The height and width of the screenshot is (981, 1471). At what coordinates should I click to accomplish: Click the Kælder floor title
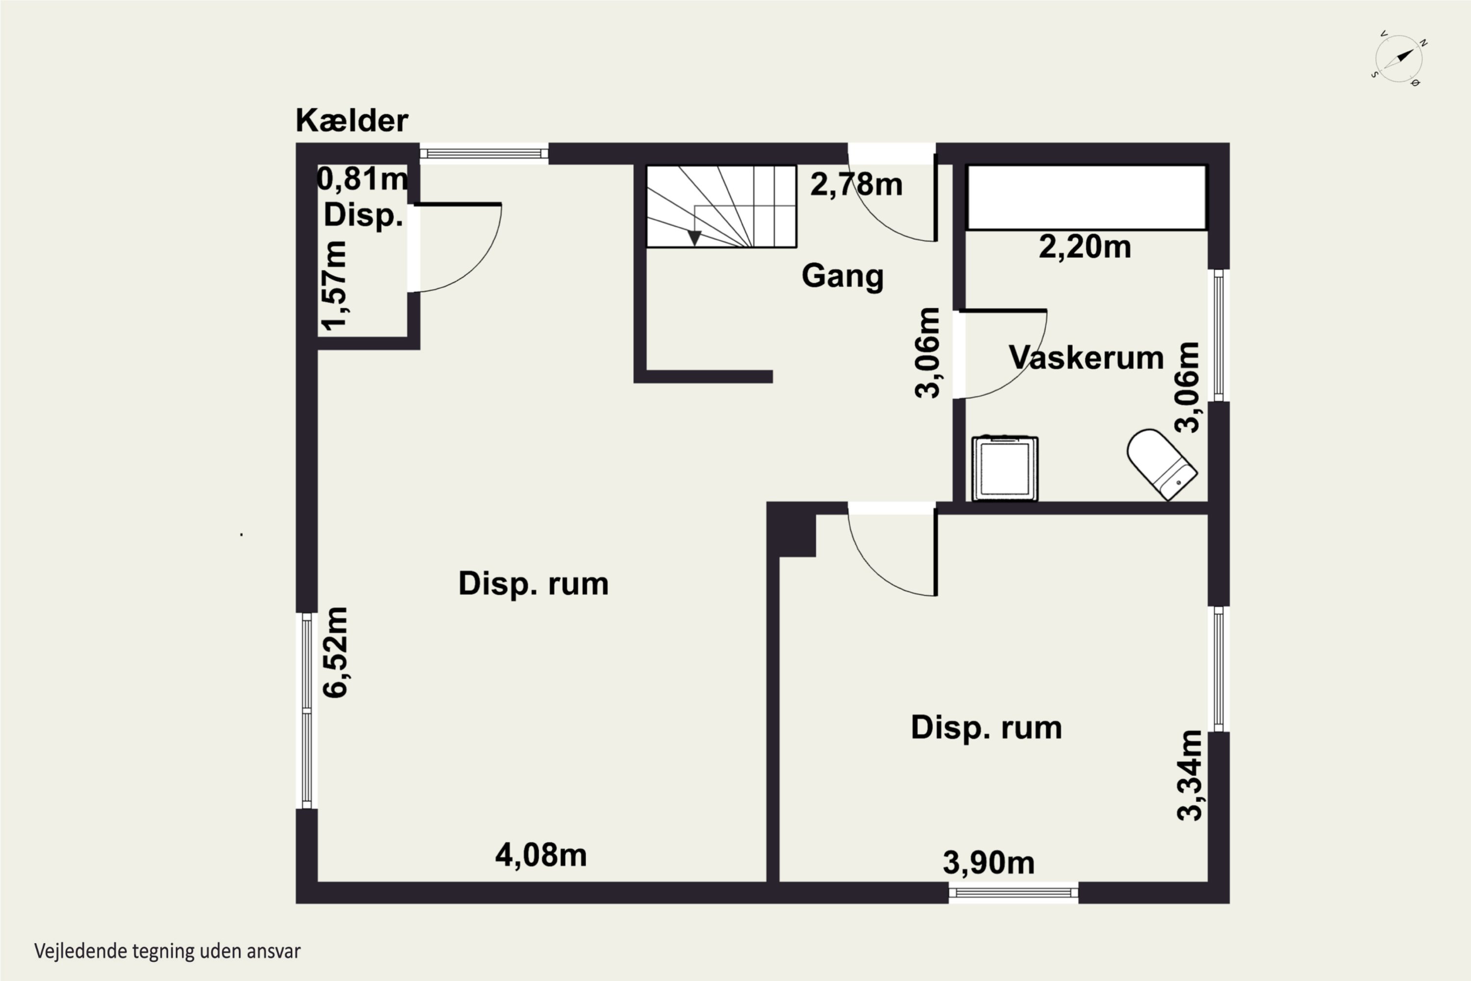[352, 120]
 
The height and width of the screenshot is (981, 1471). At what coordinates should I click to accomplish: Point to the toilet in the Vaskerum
[1162, 464]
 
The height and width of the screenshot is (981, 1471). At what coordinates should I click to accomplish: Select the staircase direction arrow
[694, 237]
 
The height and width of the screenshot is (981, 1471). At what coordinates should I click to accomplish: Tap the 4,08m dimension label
[541, 855]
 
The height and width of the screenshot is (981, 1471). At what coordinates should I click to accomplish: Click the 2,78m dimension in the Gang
[856, 184]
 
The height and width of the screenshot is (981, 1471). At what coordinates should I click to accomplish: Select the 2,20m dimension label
[1085, 247]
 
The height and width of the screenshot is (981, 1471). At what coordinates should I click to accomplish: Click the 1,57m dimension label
[334, 285]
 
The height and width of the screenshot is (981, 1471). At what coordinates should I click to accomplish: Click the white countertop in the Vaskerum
[1087, 197]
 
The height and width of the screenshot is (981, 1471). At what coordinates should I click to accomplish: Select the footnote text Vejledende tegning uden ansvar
[167, 952]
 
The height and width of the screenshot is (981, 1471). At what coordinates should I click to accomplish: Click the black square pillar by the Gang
[791, 529]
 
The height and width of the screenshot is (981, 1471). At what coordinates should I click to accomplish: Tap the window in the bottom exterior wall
[1013, 893]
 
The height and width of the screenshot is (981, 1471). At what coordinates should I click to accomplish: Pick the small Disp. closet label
[363, 216]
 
